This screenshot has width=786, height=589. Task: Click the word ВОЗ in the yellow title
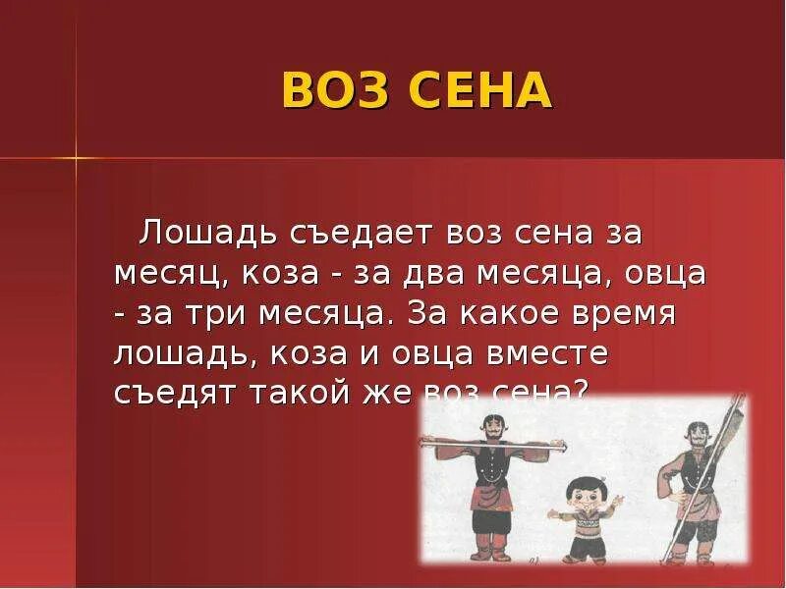tap(333, 91)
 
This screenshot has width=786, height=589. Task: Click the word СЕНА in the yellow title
tap(481, 91)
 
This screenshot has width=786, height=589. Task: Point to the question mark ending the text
tap(580, 392)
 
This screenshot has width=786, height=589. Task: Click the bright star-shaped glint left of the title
tap(75, 157)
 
